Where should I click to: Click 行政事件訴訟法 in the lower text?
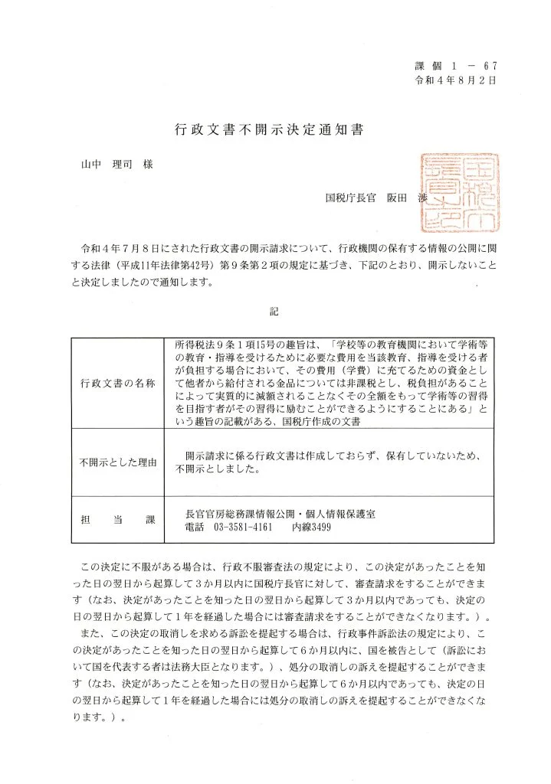coord(371,634)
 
